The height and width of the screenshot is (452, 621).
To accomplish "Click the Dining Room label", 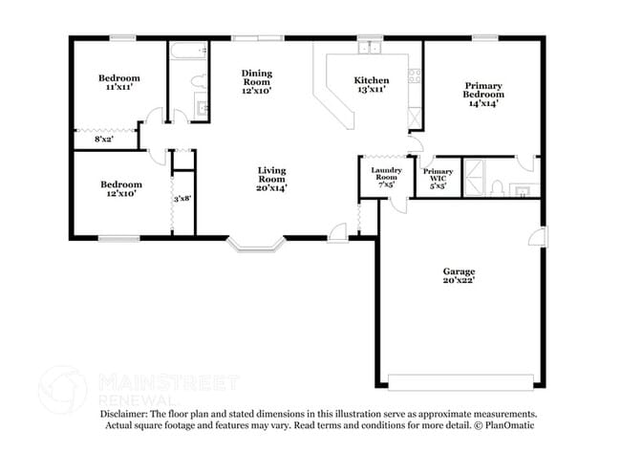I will pyautogui.click(x=256, y=81).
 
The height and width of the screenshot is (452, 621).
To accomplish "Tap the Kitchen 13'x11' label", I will pyautogui.click(x=370, y=84).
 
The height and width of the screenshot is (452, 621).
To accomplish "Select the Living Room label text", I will pyautogui.click(x=271, y=179).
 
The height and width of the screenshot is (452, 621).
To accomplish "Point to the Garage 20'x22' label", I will pyautogui.click(x=458, y=275).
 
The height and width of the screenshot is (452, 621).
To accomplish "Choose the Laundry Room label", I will pyautogui.click(x=384, y=177).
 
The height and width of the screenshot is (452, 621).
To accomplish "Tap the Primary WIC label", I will pyautogui.click(x=439, y=178).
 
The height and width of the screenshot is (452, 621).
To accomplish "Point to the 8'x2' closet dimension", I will pyautogui.click(x=103, y=140).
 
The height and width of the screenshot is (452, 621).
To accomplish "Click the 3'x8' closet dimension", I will pyautogui.click(x=182, y=199).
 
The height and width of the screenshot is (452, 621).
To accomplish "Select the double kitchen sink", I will pyautogui.click(x=370, y=48).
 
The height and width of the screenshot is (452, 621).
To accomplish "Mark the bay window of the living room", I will pyautogui.click(x=256, y=247).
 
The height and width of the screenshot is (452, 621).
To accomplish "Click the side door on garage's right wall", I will pyautogui.click(x=543, y=239).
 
